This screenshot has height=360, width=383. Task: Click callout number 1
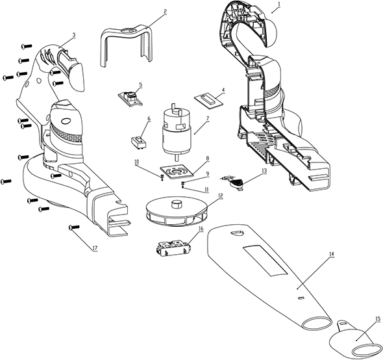[x=279, y=4]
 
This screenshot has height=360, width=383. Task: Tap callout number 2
[x=166, y=12]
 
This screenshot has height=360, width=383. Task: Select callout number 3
[x=74, y=35]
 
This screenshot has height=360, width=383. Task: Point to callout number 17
[x=95, y=248]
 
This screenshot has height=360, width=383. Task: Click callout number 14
[x=332, y=254]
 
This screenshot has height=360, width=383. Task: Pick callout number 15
[x=378, y=318]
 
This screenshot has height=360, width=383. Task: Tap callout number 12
[x=221, y=196]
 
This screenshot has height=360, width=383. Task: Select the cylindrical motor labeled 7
[x=177, y=131]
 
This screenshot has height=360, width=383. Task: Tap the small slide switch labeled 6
[x=139, y=142]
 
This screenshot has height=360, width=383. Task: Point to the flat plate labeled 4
[x=209, y=100]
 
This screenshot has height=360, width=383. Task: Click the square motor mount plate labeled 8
[x=177, y=172]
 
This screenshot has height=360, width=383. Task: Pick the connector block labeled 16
[x=173, y=250]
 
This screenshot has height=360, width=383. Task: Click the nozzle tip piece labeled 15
[x=355, y=340]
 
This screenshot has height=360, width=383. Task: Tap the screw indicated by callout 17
[x=75, y=227]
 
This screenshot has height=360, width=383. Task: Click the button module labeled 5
[x=130, y=98]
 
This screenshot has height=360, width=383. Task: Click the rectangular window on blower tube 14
[x=265, y=261]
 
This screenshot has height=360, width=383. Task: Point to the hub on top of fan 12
[x=177, y=204]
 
